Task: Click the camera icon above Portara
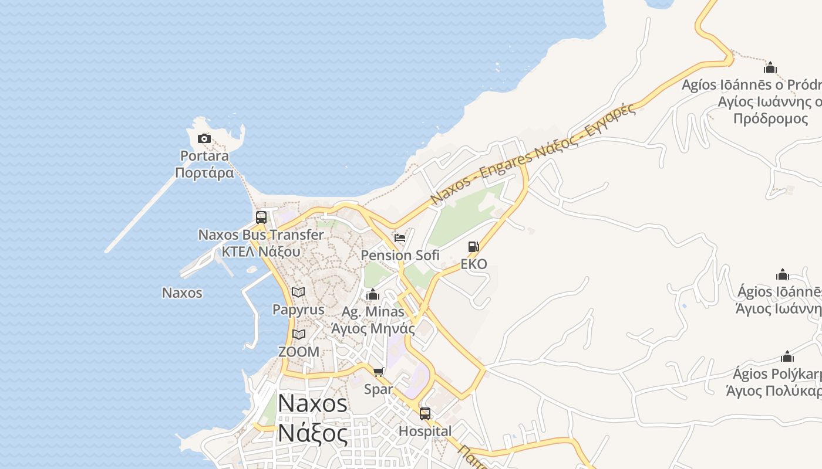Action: [x=204, y=139]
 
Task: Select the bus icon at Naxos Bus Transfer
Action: [x=261, y=217]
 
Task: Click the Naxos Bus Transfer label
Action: [x=261, y=235]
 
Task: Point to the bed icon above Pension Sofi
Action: [x=400, y=238]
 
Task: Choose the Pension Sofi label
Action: [x=400, y=256]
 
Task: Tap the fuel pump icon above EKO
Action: [x=473, y=247]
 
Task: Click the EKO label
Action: [x=473, y=264]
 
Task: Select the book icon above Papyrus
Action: [x=298, y=292]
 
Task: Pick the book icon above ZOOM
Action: [x=299, y=335]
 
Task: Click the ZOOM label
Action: [x=299, y=352]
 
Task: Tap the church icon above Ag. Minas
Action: [x=373, y=294]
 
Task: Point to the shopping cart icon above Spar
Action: [x=379, y=372]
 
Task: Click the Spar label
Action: [x=379, y=389]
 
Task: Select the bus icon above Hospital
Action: [x=425, y=414]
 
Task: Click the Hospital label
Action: [x=425, y=431]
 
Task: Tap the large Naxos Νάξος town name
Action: [x=312, y=418]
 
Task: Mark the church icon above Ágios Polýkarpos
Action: [x=787, y=356]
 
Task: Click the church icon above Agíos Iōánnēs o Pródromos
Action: [x=770, y=67]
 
